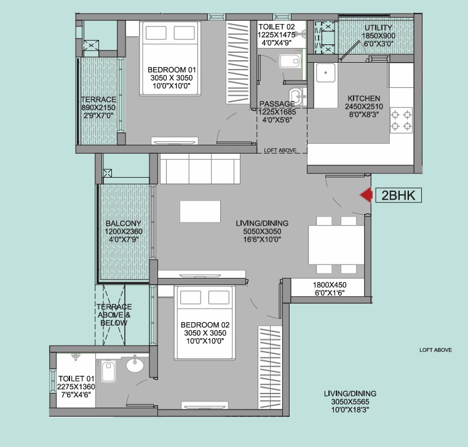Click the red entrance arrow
tap(367, 196)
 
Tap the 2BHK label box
tap(399, 196)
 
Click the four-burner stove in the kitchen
tap(401, 120)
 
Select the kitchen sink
tap(325, 73)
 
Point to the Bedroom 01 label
tap(172, 70)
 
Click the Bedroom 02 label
tap(205, 325)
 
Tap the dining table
tap(336, 245)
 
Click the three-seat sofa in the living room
tap(200, 168)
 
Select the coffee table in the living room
tap(200, 212)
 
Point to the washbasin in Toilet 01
tap(135, 365)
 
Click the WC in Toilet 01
tap(108, 371)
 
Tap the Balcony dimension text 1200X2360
tap(124, 231)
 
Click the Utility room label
tap(378, 28)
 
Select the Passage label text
tap(277, 104)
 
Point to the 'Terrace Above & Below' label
tap(114, 315)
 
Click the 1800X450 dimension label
tap(330, 285)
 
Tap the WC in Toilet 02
tap(289, 61)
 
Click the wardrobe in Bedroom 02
tap(270, 367)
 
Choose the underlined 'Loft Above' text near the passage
tap(280, 151)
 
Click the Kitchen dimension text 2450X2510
tap(364, 106)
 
